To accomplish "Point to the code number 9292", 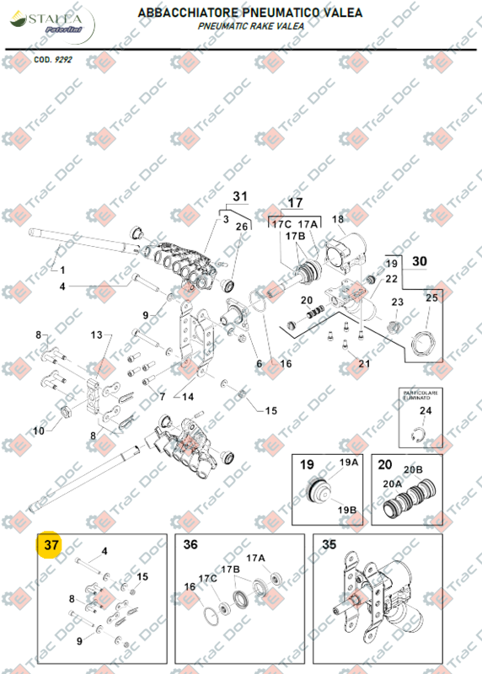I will click(64, 61).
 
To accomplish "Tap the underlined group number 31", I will click(240, 196).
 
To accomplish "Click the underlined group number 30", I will click(420, 261).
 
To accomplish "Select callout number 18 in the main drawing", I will click(338, 220).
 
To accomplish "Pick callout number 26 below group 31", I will click(241, 227).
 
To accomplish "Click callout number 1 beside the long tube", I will click(60, 270).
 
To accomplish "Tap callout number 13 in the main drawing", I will click(96, 335).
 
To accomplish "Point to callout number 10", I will click(38, 431).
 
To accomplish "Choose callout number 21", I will click(364, 363).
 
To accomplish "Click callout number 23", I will click(397, 302).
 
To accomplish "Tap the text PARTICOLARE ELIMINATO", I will click(419, 396).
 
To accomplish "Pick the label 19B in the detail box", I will click(348, 511).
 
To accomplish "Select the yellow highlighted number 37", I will click(51, 545).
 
